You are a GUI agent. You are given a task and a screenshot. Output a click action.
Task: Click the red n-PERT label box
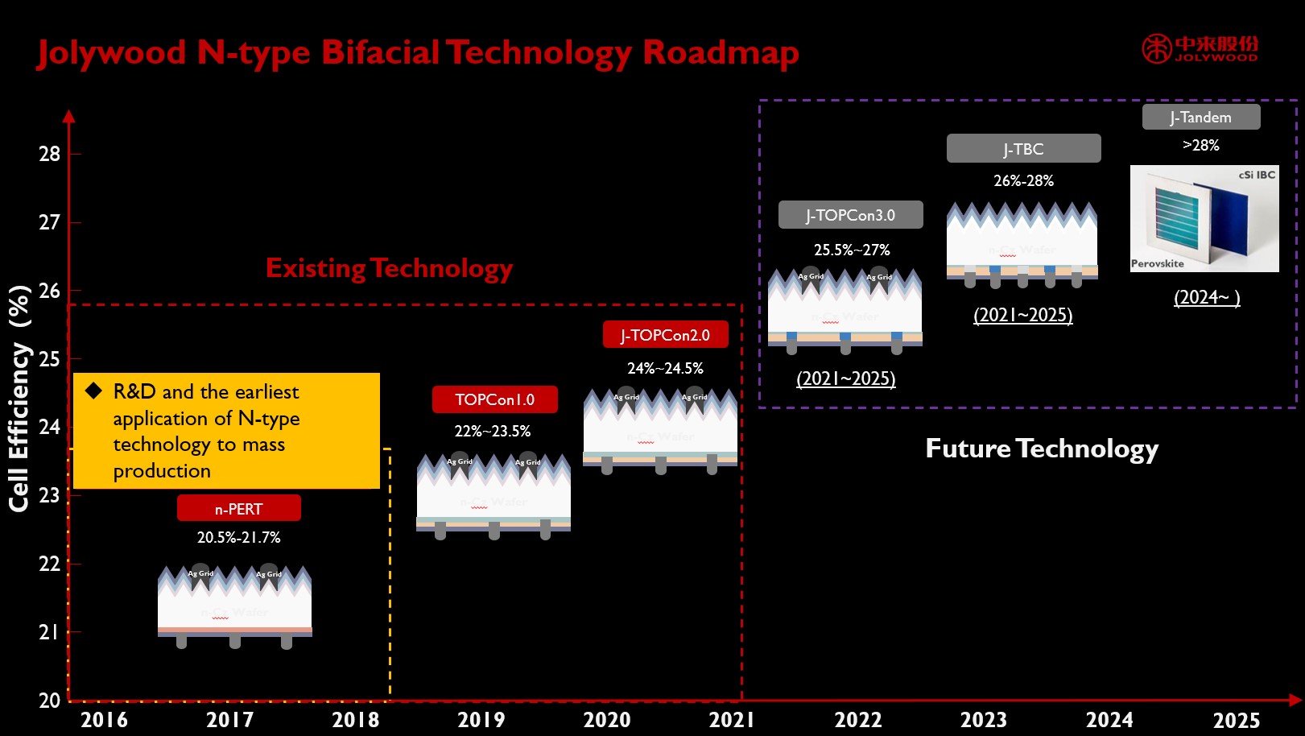[239, 508]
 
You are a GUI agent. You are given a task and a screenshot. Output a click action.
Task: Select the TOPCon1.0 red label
[494, 399]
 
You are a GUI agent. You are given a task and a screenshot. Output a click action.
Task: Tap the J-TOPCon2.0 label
[665, 335]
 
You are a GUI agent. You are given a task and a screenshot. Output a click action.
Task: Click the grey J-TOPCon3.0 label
[850, 215]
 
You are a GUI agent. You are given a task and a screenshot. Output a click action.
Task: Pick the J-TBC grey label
[1023, 149]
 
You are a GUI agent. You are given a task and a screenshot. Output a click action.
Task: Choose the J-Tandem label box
[1200, 117]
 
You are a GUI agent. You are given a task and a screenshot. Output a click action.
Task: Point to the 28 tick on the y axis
[50, 153]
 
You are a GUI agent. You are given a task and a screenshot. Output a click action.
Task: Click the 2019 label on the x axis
[481, 719]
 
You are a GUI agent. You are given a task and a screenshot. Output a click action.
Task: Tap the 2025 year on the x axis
[1236, 719]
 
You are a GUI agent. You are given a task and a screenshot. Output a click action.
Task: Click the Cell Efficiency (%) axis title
[19, 399]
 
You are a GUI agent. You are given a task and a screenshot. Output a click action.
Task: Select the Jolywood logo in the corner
[1200, 48]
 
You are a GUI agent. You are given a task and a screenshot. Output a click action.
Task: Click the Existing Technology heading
[389, 267]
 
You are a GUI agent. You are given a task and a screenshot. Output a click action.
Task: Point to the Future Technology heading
[1042, 448]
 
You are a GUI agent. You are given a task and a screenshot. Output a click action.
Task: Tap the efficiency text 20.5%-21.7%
[238, 537]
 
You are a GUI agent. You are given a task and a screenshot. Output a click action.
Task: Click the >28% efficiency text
[1200, 145]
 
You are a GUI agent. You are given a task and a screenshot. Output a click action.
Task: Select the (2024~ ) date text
[1206, 297]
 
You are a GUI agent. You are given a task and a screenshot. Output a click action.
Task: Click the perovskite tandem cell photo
[1204, 218]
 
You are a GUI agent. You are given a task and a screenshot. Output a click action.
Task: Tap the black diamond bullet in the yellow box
[94, 391]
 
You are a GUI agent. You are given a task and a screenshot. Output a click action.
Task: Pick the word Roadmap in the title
[721, 52]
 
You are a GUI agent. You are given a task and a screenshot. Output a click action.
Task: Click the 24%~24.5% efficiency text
[665, 368]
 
